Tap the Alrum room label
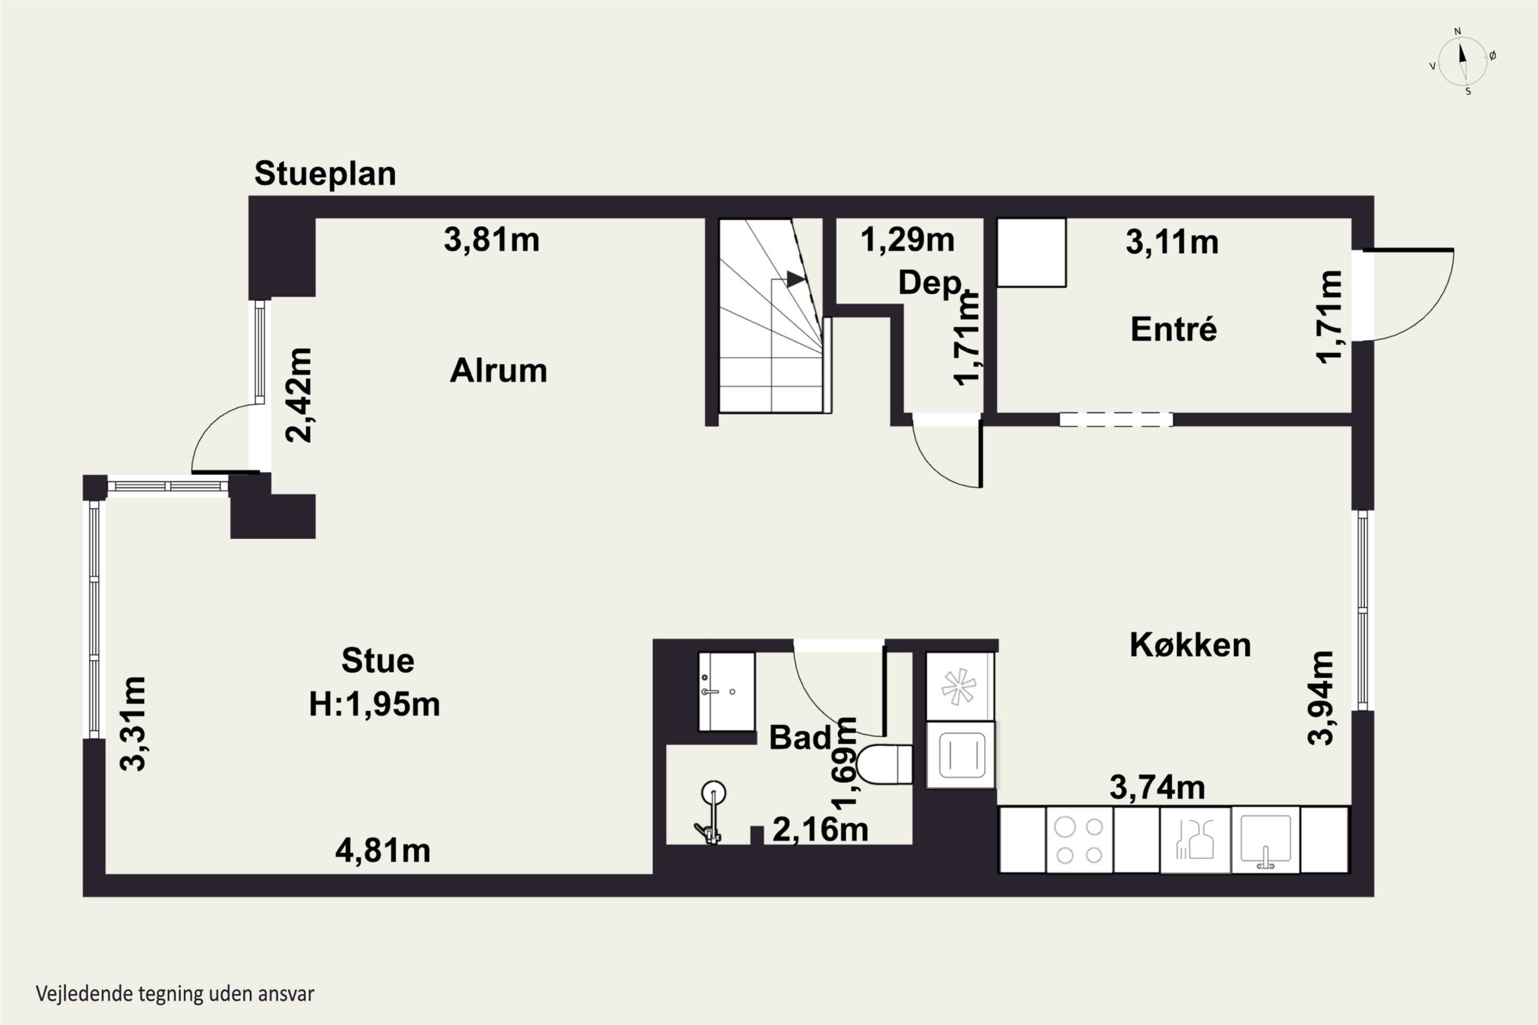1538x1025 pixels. coord(498,371)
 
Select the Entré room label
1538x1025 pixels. coord(1174,329)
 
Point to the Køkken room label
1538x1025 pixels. coord(1190,645)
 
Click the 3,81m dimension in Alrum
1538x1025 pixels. coord(492,239)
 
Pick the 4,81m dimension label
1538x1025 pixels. coord(382,850)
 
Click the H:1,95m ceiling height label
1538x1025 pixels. coord(374,704)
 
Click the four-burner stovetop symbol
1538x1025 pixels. coord(1080,840)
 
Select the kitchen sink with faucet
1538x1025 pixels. coord(1266,840)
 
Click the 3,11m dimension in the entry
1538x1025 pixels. coord(1172,242)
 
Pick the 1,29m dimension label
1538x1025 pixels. coord(907,239)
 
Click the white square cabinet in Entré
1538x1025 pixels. coord(1031,252)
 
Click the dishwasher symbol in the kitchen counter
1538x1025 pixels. coord(1196,840)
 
